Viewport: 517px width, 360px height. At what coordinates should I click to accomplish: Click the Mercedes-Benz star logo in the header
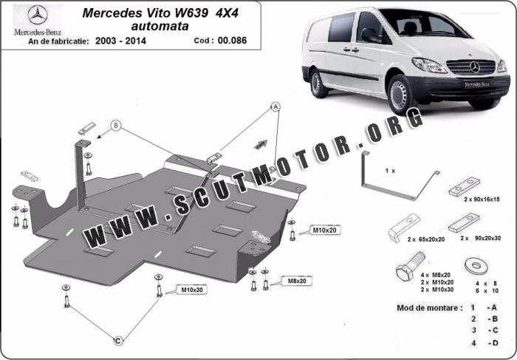click(38, 15)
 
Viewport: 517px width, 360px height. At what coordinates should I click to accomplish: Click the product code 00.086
click(232, 41)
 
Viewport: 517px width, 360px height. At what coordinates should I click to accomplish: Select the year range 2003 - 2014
click(120, 41)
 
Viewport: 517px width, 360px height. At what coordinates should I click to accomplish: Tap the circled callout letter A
click(275, 106)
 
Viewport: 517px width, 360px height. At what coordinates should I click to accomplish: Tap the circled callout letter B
click(116, 126)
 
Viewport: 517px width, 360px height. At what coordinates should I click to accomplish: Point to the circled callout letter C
click(118, 341)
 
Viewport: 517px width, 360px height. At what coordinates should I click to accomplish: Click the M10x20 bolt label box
click(324, 230)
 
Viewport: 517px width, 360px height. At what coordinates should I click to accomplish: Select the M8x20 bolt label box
click(297, 281)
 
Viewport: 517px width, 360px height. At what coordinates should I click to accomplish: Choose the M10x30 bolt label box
click(191, 290)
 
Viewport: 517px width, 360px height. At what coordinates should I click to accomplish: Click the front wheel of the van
click(400, 95)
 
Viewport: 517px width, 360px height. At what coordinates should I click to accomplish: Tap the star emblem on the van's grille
click(475, 67)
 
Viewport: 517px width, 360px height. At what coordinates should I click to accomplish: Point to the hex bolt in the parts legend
click(410, 265)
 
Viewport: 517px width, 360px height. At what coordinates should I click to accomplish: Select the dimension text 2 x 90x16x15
click(482, 200)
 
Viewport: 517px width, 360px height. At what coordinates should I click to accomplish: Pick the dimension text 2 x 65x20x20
click(426, 240)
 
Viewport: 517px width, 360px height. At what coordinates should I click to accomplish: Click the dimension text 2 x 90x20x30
click(481, 238)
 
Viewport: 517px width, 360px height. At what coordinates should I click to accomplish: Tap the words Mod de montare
click(428, 308)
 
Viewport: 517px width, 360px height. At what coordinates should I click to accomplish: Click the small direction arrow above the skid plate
click(261, 144)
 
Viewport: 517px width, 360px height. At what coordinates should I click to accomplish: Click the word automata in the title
click(160, 26)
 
